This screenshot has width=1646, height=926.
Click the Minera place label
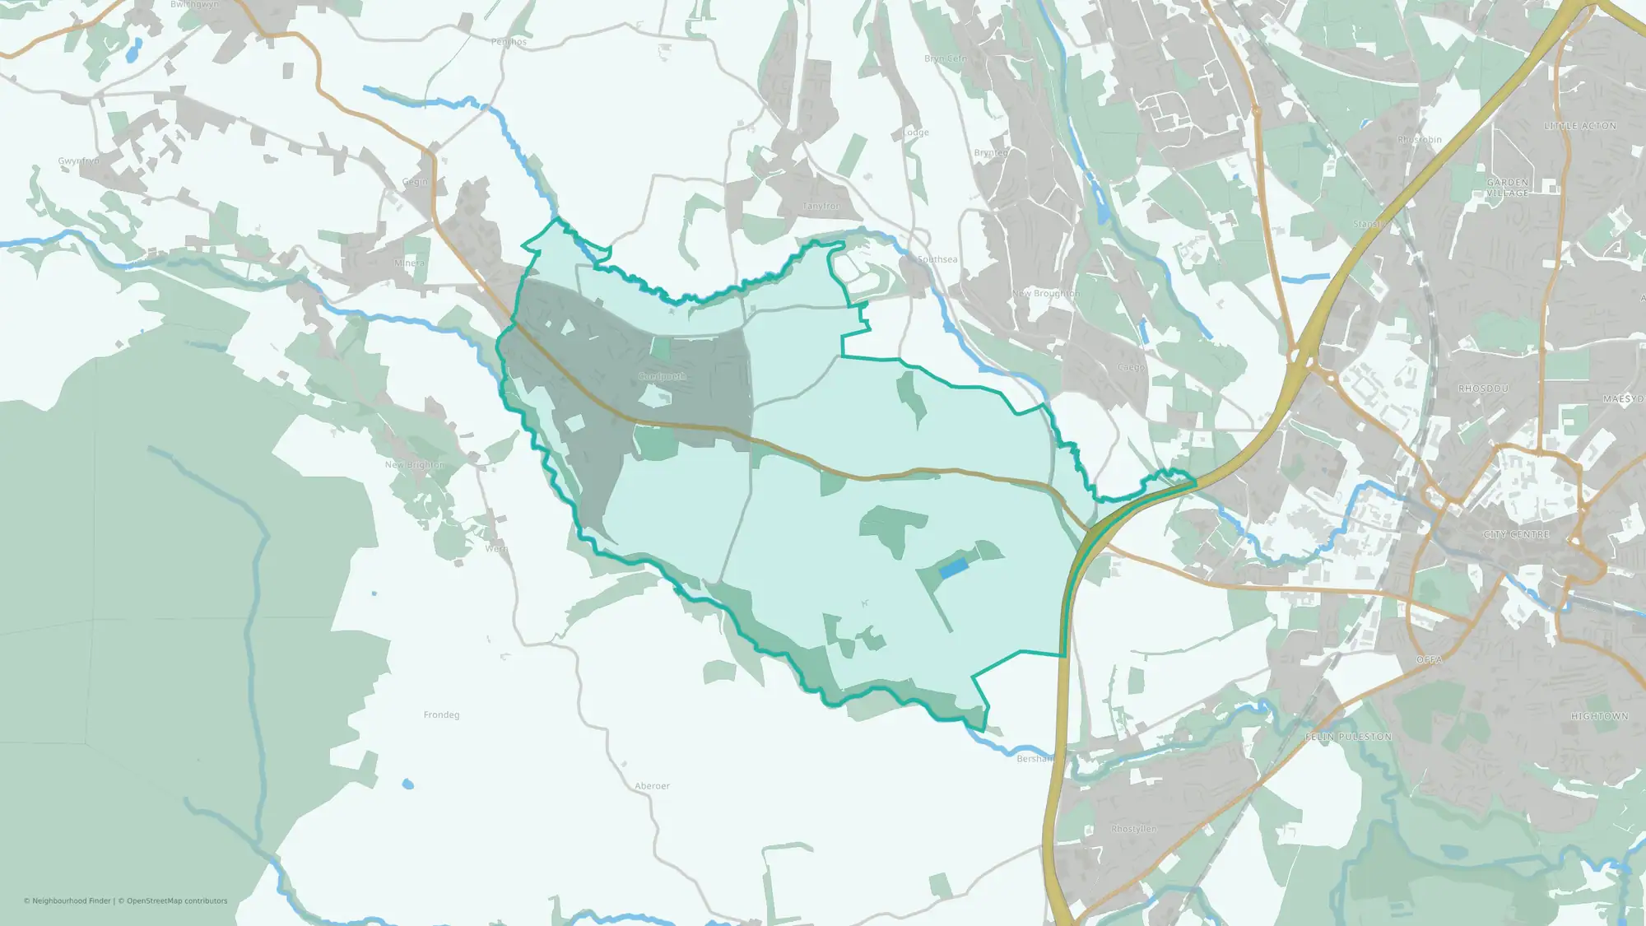tap(409, 263)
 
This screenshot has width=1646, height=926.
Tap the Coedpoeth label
tap(662, 376)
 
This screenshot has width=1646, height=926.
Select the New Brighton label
tap(415, 465)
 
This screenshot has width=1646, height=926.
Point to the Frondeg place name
tap(441, 714)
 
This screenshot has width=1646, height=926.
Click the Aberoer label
tap(652, 786)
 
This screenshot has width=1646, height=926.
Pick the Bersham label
tap(1034, 758)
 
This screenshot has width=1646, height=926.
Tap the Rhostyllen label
tap(1133, 829)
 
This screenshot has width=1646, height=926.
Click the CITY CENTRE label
tap(1516, 535)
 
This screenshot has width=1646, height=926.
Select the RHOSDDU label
tap(1483, 389)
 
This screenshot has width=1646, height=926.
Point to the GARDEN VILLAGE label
tap(1507, 188)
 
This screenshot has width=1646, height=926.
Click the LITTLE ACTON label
tap(1579, 126)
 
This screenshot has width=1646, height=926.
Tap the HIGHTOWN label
tap(1599, 716)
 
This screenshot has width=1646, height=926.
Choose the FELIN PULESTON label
tap(1348, 737)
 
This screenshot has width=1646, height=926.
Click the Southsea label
tap(937, 259)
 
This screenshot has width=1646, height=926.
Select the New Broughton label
tap(1045, 293)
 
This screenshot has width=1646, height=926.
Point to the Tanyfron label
tap(821, 206)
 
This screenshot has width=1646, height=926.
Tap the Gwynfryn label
tap(78, 161)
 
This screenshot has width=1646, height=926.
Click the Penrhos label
tap(508, 42)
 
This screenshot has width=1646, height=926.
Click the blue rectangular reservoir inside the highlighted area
tap(952, 568)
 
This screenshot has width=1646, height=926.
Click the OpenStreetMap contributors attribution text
tap(177, 900)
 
